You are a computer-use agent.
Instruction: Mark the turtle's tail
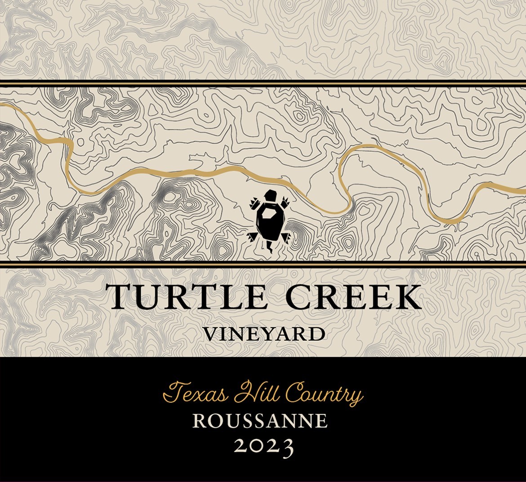[270, 246]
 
